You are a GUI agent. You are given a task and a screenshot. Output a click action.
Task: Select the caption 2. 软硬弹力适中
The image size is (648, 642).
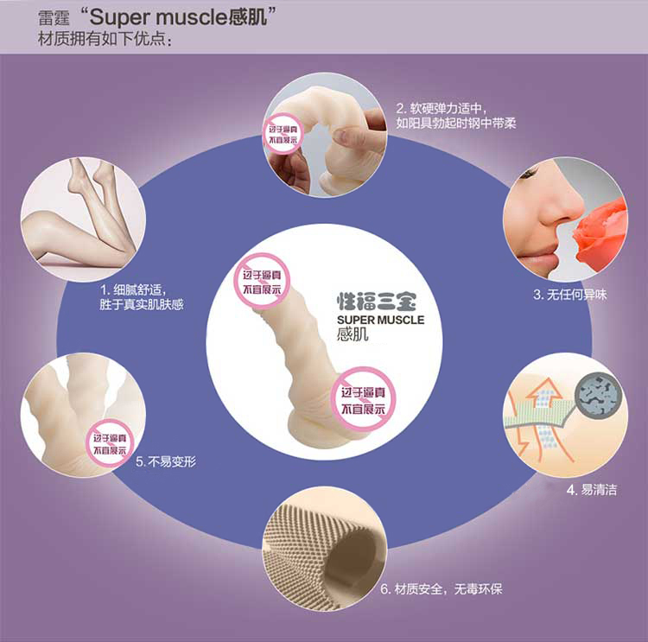point(442,109)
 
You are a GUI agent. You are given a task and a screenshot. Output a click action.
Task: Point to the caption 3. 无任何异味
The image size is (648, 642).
point(569,295)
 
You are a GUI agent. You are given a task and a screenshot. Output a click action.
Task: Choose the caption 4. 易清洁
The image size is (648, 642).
point(592,489)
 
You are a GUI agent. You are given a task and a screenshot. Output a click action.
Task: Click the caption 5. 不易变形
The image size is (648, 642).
point(166,461)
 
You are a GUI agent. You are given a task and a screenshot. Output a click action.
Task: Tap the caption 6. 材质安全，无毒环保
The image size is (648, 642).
point(442,589)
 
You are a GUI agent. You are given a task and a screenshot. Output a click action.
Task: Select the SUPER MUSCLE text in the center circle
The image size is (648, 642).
point(380,320)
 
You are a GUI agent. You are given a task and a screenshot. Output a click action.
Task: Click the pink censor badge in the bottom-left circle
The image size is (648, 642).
point(110,442)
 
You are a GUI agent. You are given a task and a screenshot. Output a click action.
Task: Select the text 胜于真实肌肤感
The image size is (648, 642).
point(142,304)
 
